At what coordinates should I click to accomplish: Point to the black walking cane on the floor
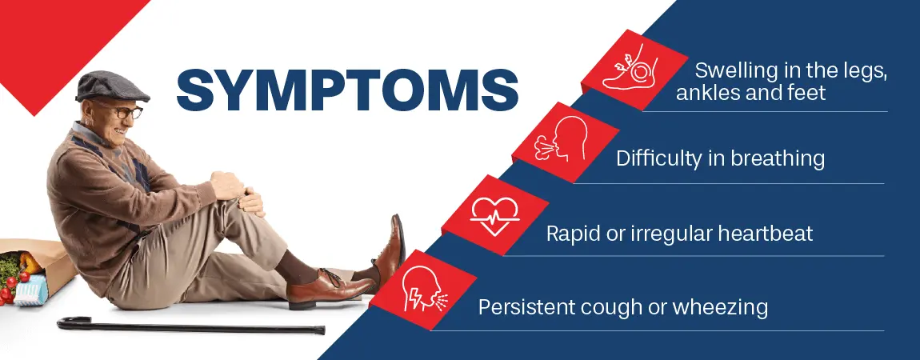tap(192, 326)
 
